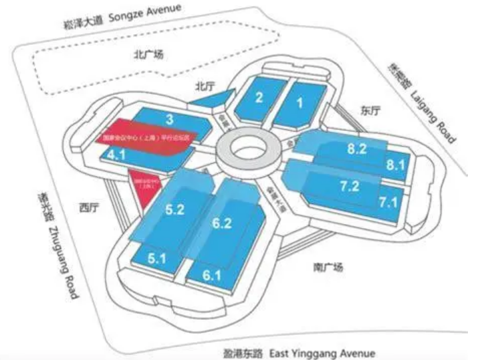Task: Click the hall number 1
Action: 299,102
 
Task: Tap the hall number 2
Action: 259,97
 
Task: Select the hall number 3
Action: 170,119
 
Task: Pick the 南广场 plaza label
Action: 328,268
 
